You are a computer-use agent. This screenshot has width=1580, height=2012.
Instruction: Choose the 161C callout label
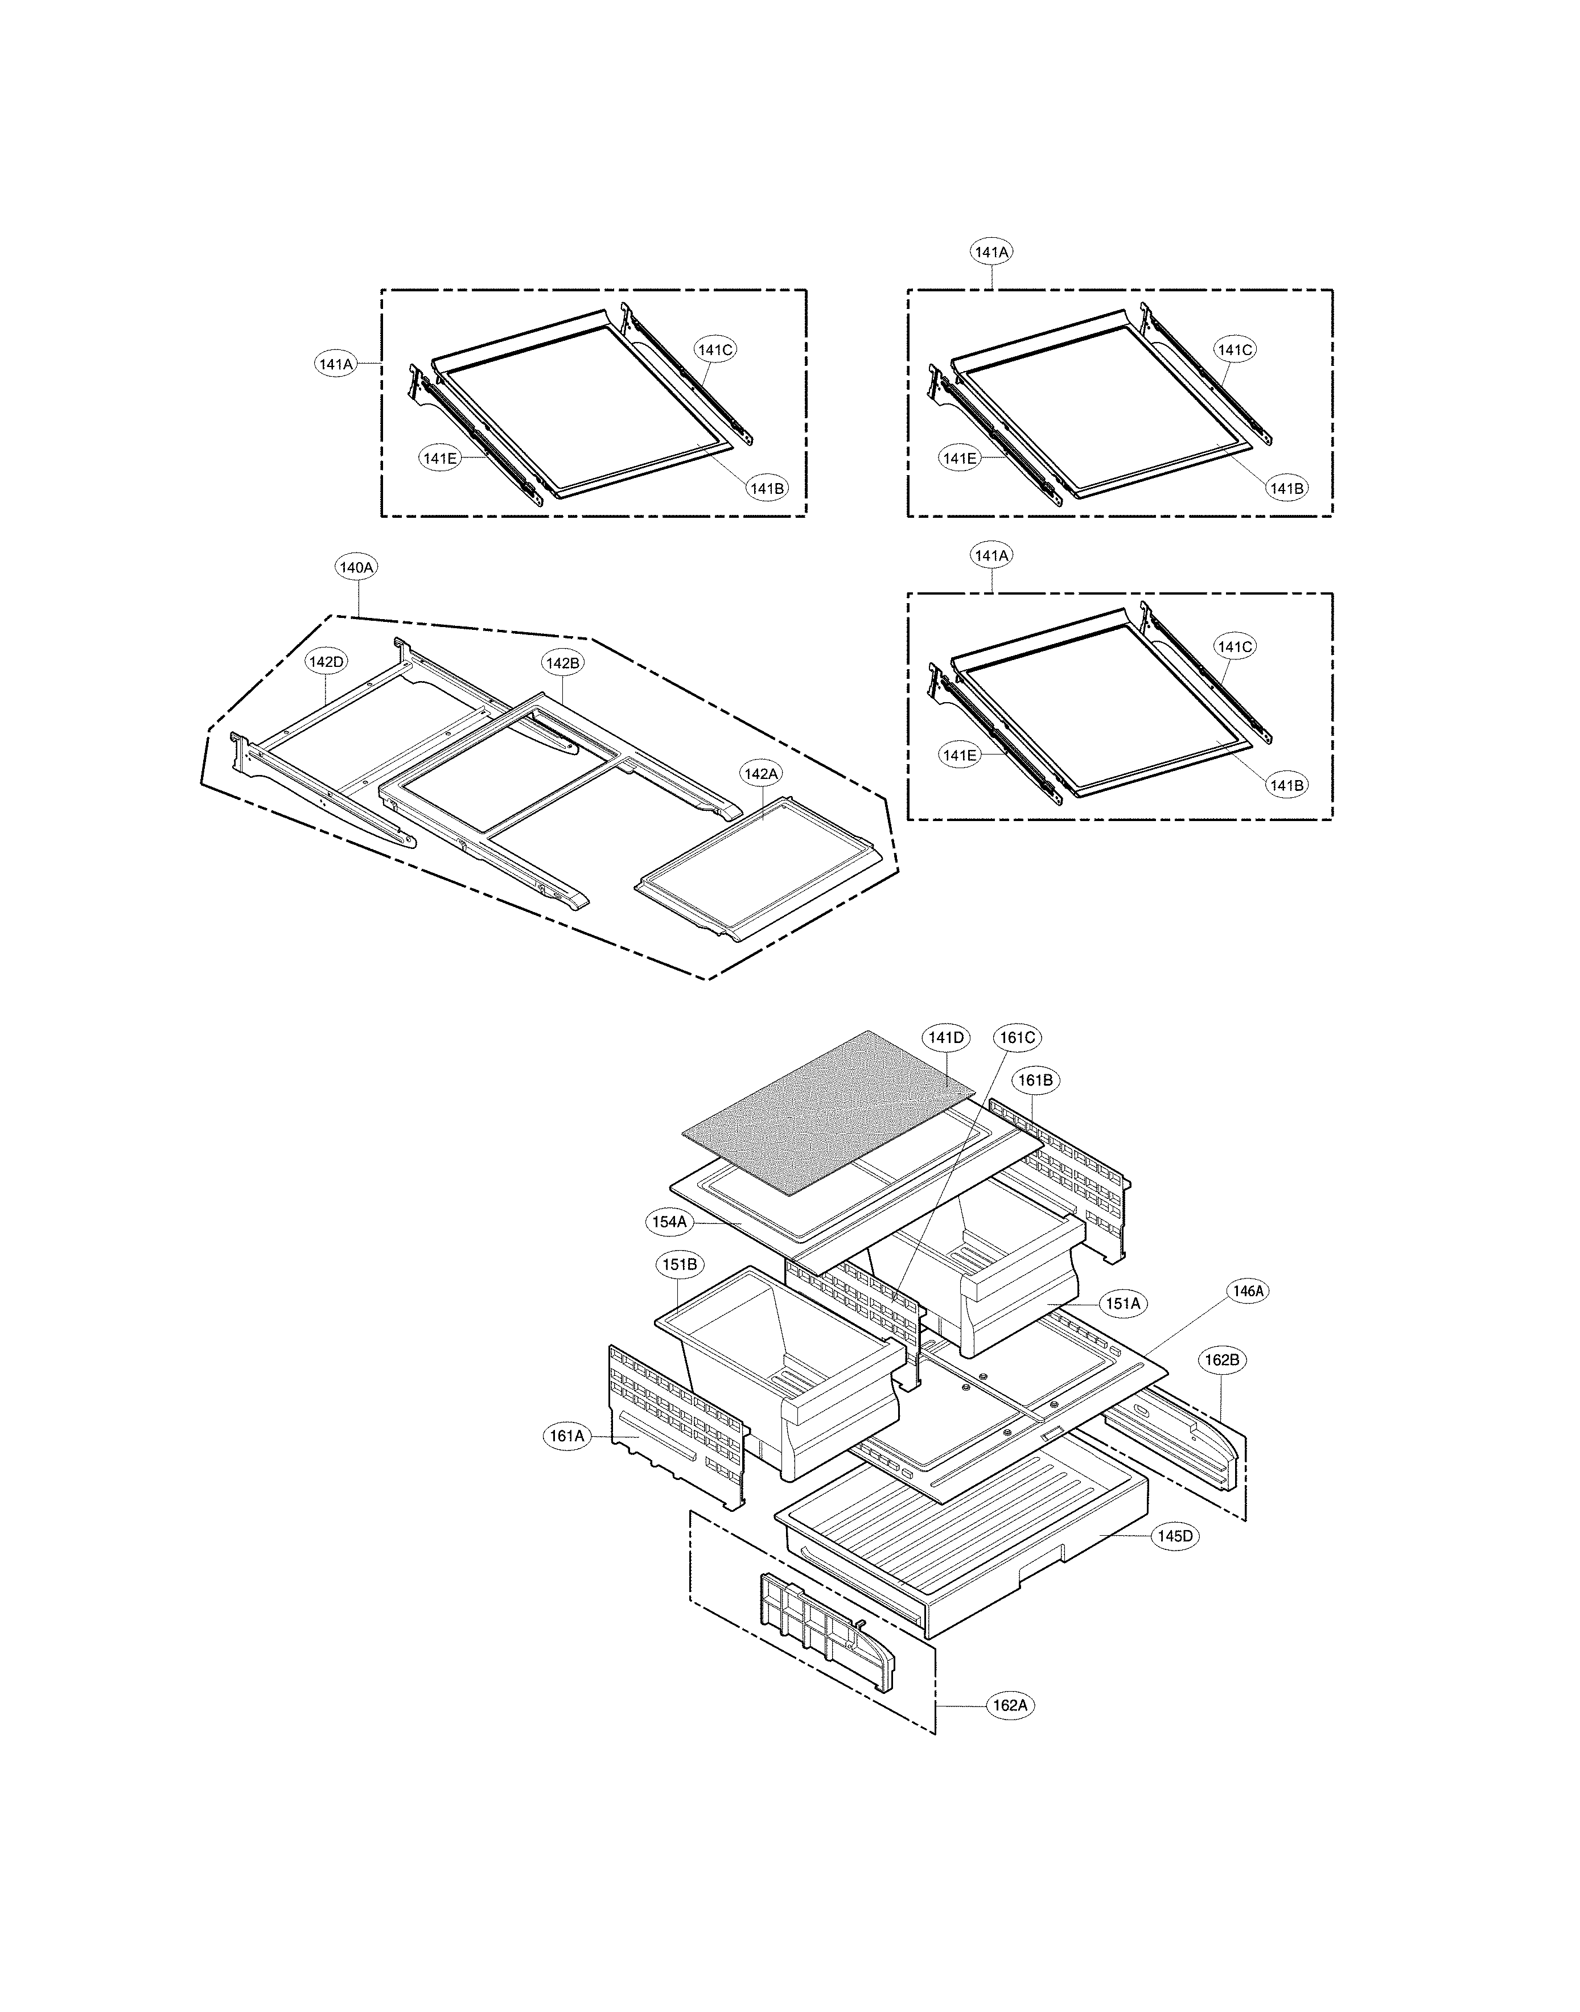coord(1017,1038)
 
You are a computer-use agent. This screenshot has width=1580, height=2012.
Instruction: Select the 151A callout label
coord(1123,1304)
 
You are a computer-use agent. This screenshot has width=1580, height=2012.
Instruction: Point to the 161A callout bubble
coord(567,1436)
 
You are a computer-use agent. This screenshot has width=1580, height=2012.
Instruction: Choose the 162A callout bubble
coord(1009,1705)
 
